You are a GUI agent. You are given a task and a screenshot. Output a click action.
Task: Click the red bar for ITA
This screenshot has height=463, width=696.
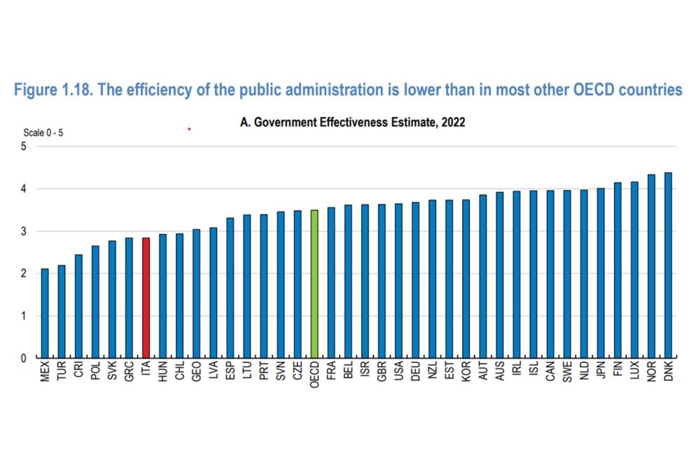click(x=146, y=298)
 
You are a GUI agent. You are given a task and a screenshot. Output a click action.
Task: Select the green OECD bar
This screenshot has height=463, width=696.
click(x=314, y=284)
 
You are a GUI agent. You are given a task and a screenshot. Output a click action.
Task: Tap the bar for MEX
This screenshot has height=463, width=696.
click(x=45, y=313)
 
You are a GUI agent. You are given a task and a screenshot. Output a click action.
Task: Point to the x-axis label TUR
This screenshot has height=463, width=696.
click(x=62, y=372)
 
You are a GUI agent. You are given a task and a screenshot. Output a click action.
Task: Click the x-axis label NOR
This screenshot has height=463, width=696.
click(x=652, y=372)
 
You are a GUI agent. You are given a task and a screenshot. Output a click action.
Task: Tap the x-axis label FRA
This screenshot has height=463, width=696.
click(x=331, y=372)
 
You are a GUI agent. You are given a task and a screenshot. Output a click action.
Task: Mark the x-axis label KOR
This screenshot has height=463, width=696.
click(x=466, y=372)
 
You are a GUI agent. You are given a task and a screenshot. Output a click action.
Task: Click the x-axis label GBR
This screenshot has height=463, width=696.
click(x=382, y=372)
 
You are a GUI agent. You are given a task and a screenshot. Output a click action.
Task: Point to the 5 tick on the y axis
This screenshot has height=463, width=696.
click(x=24, y=146)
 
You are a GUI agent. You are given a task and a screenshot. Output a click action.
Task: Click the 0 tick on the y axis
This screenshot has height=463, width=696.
click(x=24, y=358)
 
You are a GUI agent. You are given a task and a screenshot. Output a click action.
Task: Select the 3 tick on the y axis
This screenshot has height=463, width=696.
click(x=24, y=231)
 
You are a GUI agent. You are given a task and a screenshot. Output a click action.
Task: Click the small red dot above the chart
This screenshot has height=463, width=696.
click(x=189, y=129)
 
